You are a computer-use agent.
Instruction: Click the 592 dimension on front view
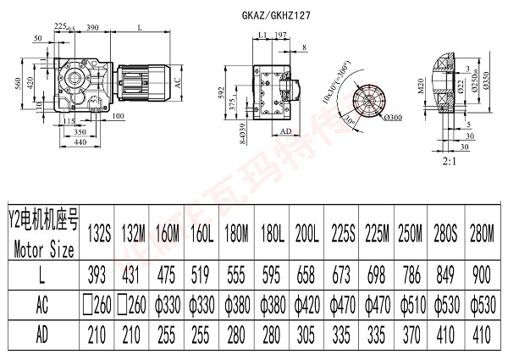click(224, 91)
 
